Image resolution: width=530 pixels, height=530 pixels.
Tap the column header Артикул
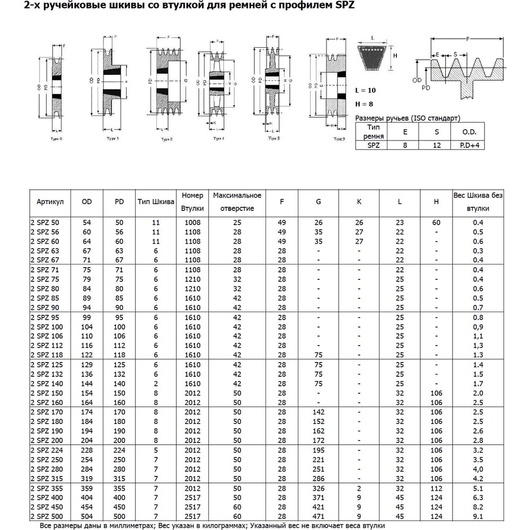(x=50, y=202)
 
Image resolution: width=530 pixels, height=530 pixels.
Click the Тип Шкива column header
(x=156, y=202)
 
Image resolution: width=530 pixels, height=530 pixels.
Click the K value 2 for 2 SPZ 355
(x=359, y=487)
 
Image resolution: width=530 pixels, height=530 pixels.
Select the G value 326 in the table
(x=318, y=487)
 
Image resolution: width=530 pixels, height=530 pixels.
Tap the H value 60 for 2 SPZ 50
(x=436, y=223)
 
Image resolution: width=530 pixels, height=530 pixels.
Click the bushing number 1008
(x=192, y=223)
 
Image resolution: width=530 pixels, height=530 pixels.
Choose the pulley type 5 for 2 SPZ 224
(x=156, y=450)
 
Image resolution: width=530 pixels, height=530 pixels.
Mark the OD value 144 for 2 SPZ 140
(x=87, y=384)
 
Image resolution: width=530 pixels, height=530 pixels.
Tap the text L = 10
(x=366, y=91)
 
